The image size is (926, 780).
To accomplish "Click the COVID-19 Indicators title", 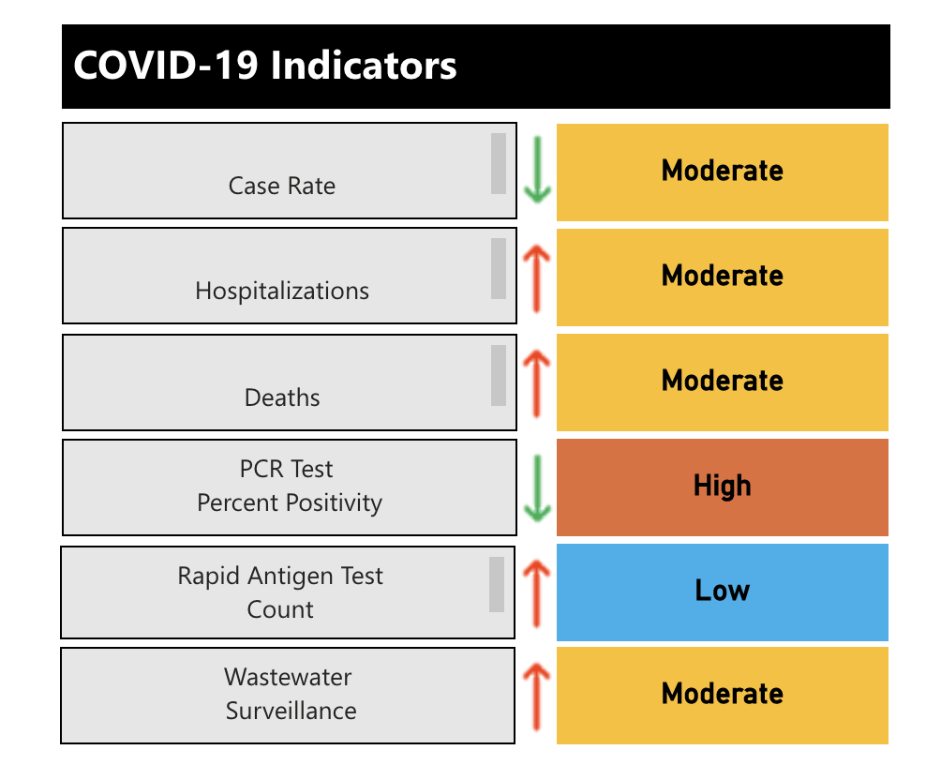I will [x=265, y=67].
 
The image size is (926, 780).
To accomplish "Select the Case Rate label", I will [x=282, y=186].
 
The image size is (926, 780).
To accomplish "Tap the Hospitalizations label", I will [x=282, y=291].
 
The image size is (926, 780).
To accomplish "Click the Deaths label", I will [x=282, y=397].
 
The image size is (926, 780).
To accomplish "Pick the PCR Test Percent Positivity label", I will [x=289, y=486].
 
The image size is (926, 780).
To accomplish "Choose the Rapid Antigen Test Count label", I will [x=280, y=592].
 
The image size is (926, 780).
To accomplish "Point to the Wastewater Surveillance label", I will [x=290, y=694].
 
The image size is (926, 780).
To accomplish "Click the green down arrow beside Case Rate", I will [x=537, y=171].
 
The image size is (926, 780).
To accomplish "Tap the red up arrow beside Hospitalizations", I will [x=537, y=276].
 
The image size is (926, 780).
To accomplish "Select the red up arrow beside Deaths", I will [x=537, y=381].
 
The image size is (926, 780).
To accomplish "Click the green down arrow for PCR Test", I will [x=537, y=487].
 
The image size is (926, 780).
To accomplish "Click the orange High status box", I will [x=722, y=486].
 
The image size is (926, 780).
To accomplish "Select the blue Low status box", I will [x=722, y=591].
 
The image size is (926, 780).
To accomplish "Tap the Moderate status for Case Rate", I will [x=722, y=171].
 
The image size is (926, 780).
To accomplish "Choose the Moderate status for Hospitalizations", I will [x=722, y=276].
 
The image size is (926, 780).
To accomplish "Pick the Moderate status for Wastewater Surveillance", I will [x=722, y=694].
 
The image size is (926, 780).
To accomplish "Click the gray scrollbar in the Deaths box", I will [x=499, y=375].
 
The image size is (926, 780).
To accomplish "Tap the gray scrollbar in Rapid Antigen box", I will [x=497, y=584].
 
